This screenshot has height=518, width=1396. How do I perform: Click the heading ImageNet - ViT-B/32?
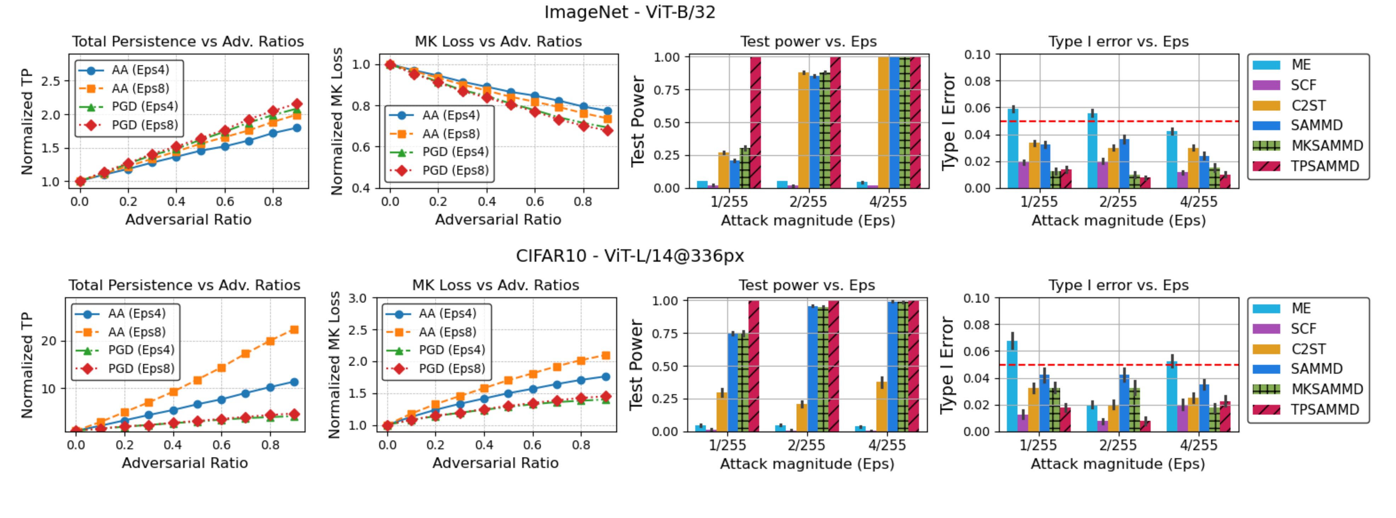tap(630, 12)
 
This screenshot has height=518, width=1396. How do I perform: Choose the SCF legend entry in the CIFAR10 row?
tap(1303, 329)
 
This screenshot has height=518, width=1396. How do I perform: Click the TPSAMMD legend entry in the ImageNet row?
tap(1324, 166)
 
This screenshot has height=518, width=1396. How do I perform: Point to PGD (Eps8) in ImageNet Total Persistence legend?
tap(145, 125)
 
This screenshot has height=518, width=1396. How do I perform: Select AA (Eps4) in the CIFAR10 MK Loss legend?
tap(447, 314)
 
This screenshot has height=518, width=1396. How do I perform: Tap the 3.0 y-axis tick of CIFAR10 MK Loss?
tap(358, 298)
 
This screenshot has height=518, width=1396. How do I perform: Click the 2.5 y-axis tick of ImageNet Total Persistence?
tap(50, 81)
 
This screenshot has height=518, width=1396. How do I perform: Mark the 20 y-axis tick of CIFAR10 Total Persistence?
tap(49, 341)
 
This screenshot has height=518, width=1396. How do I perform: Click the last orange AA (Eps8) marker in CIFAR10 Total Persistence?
tap(294, 330)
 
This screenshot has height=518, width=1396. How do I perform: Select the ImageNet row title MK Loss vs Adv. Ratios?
tap(498, 42)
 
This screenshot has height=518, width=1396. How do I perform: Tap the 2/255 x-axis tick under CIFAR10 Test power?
tap(806, 445)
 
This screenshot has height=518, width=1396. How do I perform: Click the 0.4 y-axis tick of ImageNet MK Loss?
tap(361, 188)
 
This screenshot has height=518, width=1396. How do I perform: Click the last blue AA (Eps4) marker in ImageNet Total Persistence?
tap(297, 128)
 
